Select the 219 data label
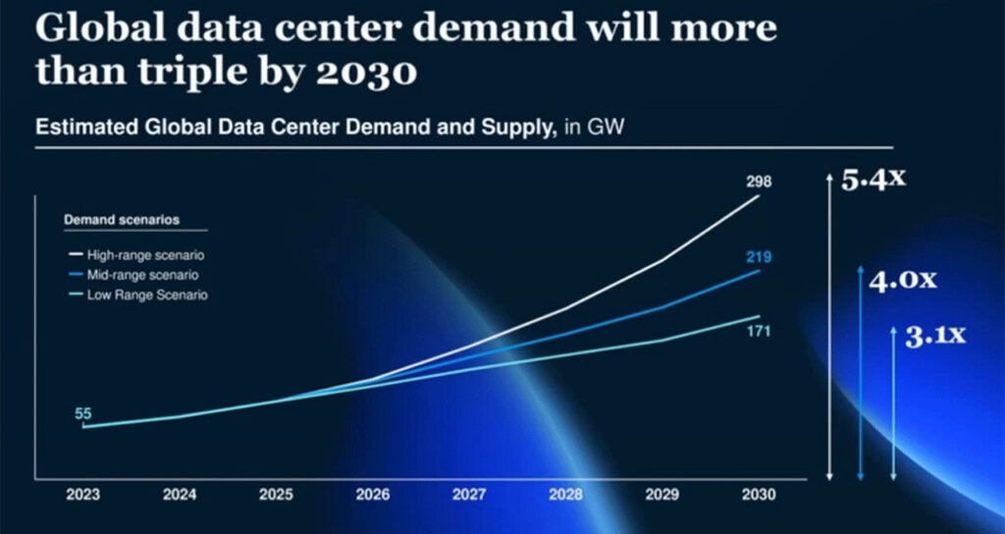[x=759, y=257]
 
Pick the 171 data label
[x=758, y=332]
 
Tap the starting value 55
[x=82, y=413]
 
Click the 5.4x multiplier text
[x=873, y=181]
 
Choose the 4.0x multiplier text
[x=903, y=280]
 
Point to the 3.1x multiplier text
[x=934, y=337]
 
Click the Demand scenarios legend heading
[x=114, y=219]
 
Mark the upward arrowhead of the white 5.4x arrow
[x=830, y=183]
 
